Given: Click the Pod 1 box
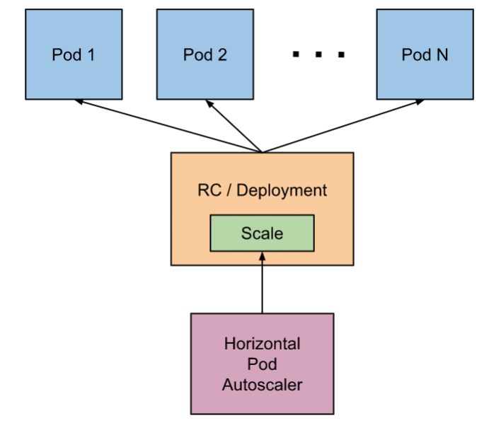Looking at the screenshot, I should click(x=73, y=54).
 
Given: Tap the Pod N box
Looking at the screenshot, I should click(x=425, y=54).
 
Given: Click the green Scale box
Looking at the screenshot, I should click(x=262, y=232).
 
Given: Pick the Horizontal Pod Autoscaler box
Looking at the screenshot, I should click(x=262, y=364).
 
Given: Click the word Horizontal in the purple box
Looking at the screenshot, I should click(x=262, y=344).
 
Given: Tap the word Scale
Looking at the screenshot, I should click(x=262, y=232).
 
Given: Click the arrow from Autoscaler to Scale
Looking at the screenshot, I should click(x=262, y=283).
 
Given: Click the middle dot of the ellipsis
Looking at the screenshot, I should click(x=318, y=54).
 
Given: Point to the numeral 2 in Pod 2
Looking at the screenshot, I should click(x=223, y=54).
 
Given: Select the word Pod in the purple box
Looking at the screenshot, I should click(x=262, y=364).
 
